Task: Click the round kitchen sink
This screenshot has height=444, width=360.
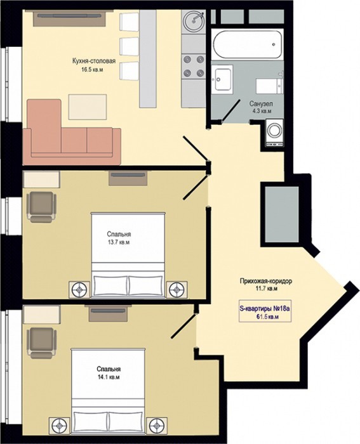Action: [x=194, y=20]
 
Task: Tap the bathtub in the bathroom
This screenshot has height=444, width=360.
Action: [x=247, y=44]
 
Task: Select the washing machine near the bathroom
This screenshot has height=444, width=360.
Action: [x=274, y=133]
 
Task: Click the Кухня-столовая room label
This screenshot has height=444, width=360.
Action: [x=94, y=61]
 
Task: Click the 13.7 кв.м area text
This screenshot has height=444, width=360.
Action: [x=119, y=242]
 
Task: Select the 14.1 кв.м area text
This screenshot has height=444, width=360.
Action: [x=109, y=377]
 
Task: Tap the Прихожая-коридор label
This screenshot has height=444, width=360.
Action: [x=265, y=281]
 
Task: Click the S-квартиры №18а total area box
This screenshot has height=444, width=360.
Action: [x=265, y=311]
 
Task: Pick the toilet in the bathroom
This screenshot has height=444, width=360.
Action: [x=269, y=86]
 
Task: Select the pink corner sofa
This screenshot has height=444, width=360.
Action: [x=72, y=132]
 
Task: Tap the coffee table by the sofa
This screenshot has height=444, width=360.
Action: [x=88, y=107]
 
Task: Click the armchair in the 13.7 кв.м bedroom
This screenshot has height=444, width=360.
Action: [x=41, y=207]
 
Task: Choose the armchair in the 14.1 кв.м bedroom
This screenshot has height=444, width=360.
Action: [x=41, y=343]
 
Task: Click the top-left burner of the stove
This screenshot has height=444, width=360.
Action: [x=187, y=59]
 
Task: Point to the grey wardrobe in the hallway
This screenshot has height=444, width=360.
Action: [x=281, y=214]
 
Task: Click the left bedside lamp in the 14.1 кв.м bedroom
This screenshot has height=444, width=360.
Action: [x=59, y=425]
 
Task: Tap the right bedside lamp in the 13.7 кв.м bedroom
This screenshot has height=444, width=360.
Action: [x=177, y=289]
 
